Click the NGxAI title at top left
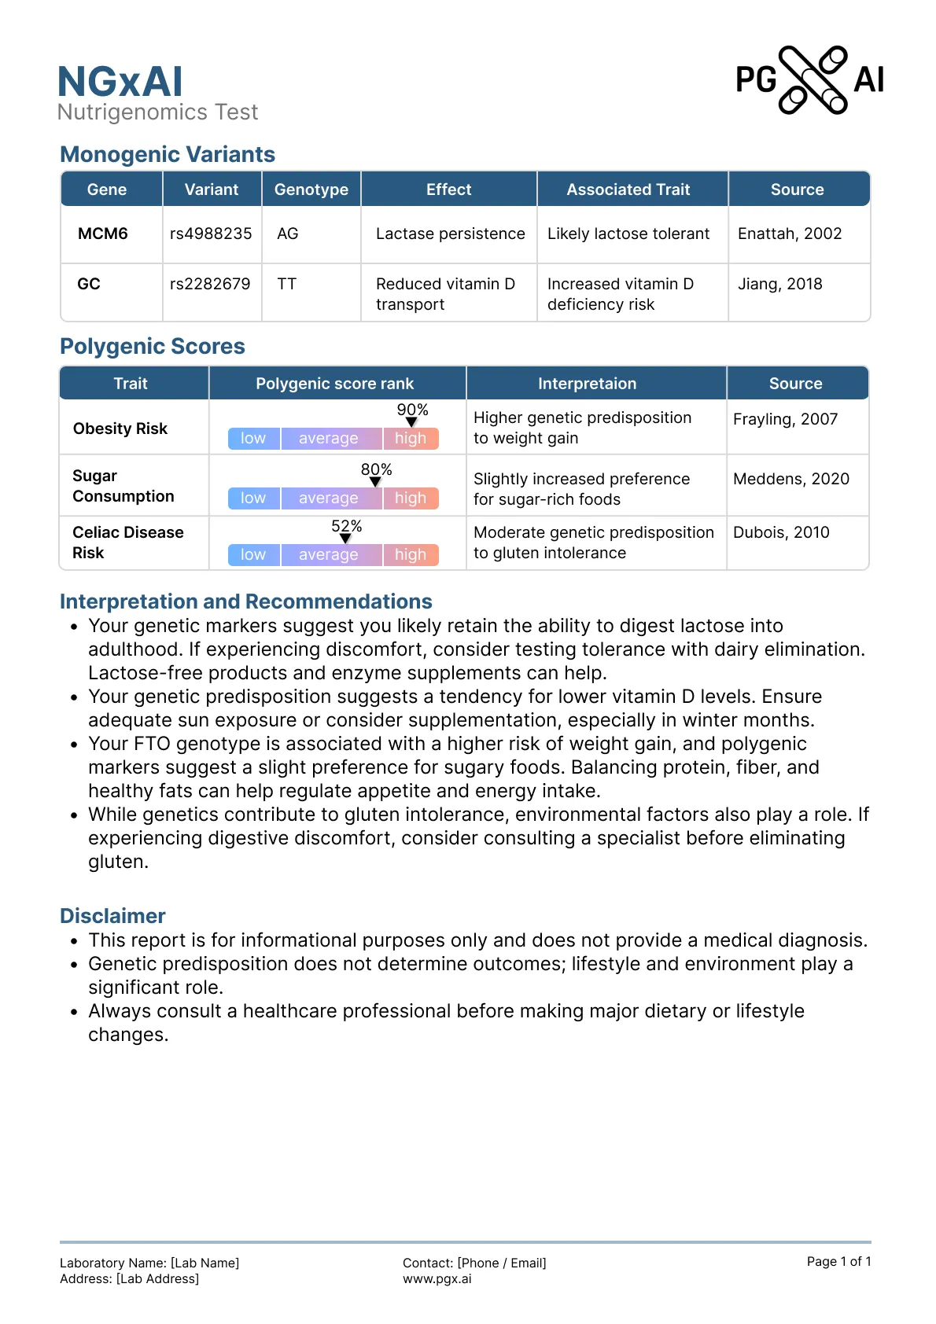coord(120,82)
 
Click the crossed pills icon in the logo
coord(813,79)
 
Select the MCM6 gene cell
coord(103,234)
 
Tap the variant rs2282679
coord(210,284)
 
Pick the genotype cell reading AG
coord(288,234)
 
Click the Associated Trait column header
coord(628,189)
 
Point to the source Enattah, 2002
coord(790,234)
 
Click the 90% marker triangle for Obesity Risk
coord(411,422)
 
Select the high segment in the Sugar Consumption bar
coord(411,498)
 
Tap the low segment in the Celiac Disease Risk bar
coord(253,554)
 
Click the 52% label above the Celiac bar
coord(346,526)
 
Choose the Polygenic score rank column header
coord(334,384)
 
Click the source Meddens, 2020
coord(790,479)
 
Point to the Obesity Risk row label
coord(120,428)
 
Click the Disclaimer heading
coord(112,916)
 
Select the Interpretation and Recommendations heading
coord(245,601)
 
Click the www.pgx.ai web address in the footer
coord(437,1278)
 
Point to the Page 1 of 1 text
coord(838,1261)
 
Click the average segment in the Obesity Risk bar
coord(329,438)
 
